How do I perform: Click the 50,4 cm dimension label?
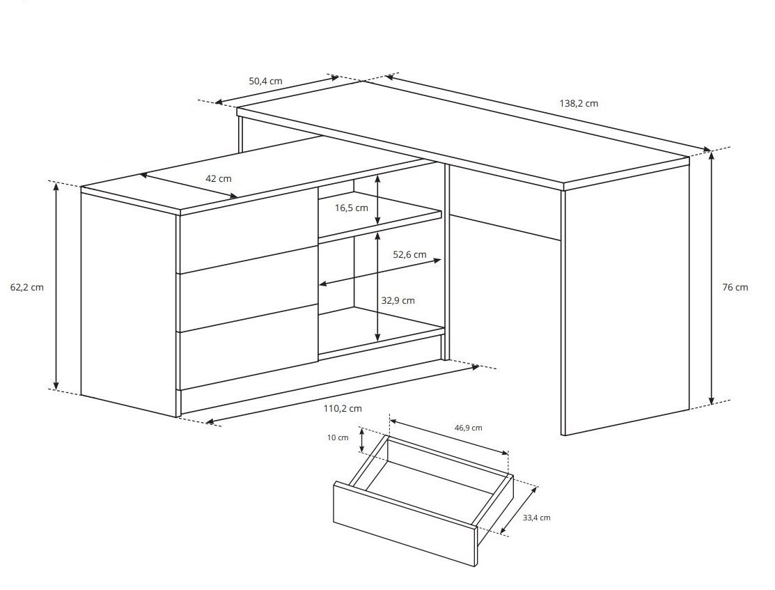point(265,81)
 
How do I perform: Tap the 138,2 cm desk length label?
point(579,103)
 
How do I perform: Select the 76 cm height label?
point(735,287)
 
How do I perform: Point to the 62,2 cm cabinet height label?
point(26,287)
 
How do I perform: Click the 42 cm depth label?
point(219,178)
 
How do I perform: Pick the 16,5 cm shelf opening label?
point(352,208)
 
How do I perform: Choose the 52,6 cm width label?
point(409,255)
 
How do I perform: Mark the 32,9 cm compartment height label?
point(398,301)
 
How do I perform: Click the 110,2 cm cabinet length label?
point(343,408)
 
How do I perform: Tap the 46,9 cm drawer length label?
point(468,428)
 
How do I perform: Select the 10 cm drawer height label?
point(338,437)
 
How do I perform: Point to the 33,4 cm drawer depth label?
point(536,518)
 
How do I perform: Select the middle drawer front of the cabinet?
point(247,289)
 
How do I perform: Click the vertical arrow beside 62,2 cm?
point(56,286)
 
